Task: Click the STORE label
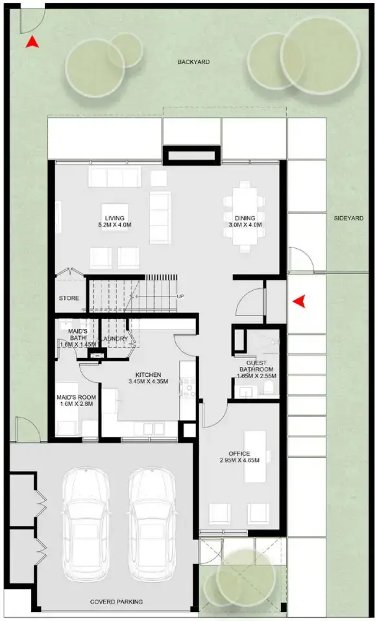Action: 69,299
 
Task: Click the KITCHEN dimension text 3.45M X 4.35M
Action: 147,382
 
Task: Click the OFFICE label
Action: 239,453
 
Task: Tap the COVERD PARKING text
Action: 116,602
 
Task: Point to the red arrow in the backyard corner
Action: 30,43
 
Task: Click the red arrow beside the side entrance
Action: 299,301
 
